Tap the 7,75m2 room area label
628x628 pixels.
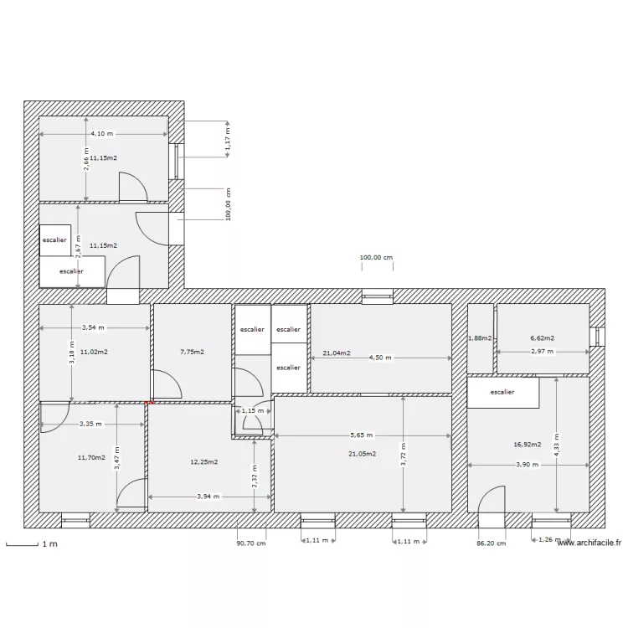tap(192, 352)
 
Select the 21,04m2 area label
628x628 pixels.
tap(336, 353)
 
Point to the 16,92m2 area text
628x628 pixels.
tap(528, 445)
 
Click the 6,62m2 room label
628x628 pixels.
tap(542, 338)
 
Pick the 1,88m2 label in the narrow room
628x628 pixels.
tap(480, 338)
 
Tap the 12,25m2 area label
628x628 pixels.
tap(204, 461)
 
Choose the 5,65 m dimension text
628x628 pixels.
tap(362, 435)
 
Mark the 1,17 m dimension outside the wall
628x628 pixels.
tap(227, 138)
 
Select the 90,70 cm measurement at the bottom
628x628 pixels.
tap(250, 543)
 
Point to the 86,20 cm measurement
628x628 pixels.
tap(491, 543)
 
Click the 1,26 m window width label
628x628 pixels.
tap(549, 540)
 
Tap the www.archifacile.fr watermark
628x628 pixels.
tap(589, 543)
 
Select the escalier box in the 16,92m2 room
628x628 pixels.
tap(502, 392)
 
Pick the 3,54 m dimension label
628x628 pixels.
tap(94, 328)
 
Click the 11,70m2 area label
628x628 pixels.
tap(91, 457)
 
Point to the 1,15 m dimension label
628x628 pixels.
tap(252, 410)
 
